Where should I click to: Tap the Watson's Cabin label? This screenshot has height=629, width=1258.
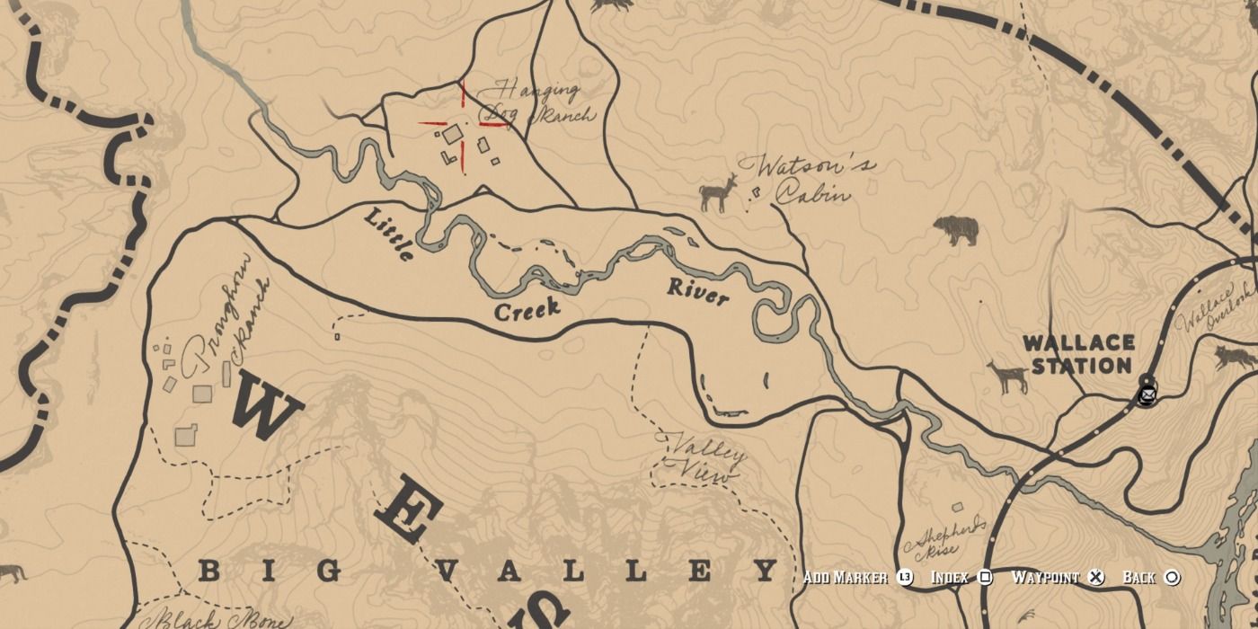pos(807,179)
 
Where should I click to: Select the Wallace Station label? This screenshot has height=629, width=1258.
pos(1078,354)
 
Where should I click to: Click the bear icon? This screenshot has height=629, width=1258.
pos(956,230)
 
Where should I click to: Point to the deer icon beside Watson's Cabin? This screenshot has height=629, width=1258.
pos(718,192)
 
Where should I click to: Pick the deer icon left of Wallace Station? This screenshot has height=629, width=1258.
pos(1008,377)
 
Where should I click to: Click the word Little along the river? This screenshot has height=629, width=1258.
pos(390,234)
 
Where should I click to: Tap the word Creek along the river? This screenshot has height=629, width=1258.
pos(527,310)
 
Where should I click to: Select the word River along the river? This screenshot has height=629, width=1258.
pos(698,292)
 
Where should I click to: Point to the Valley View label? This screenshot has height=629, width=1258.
pos(704,458)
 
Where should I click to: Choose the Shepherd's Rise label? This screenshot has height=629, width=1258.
pos(949,537)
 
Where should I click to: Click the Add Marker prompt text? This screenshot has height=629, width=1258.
pos(846,577)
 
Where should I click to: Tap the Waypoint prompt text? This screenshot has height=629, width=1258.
pos(1045,577)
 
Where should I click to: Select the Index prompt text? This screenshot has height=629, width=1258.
pos(950,577)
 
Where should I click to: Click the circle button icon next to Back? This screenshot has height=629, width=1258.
pos(1172,577)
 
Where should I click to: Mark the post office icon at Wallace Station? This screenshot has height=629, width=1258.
pos(1147,394)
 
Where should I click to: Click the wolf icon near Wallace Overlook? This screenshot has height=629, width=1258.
pos(1236,358)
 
